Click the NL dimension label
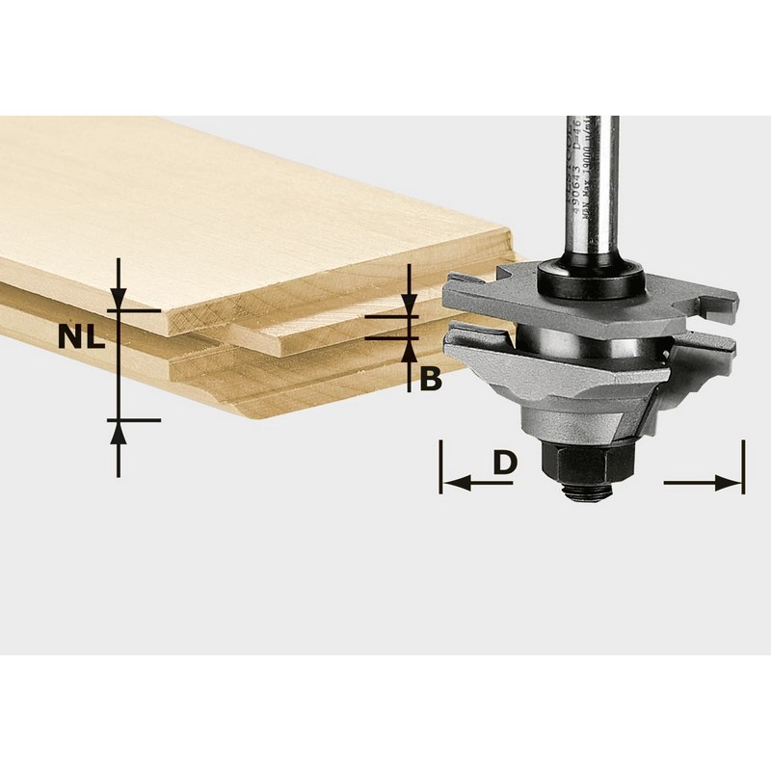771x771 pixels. (81, 336)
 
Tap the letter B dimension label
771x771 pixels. (431, 380)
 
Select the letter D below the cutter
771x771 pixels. (505, 464)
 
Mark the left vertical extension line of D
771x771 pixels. (440, 466)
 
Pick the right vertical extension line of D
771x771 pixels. (743, 466)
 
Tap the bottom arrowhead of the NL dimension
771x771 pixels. (119, 432)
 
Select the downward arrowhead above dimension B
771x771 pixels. (410, 306)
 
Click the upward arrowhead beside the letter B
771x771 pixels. (410, 350)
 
